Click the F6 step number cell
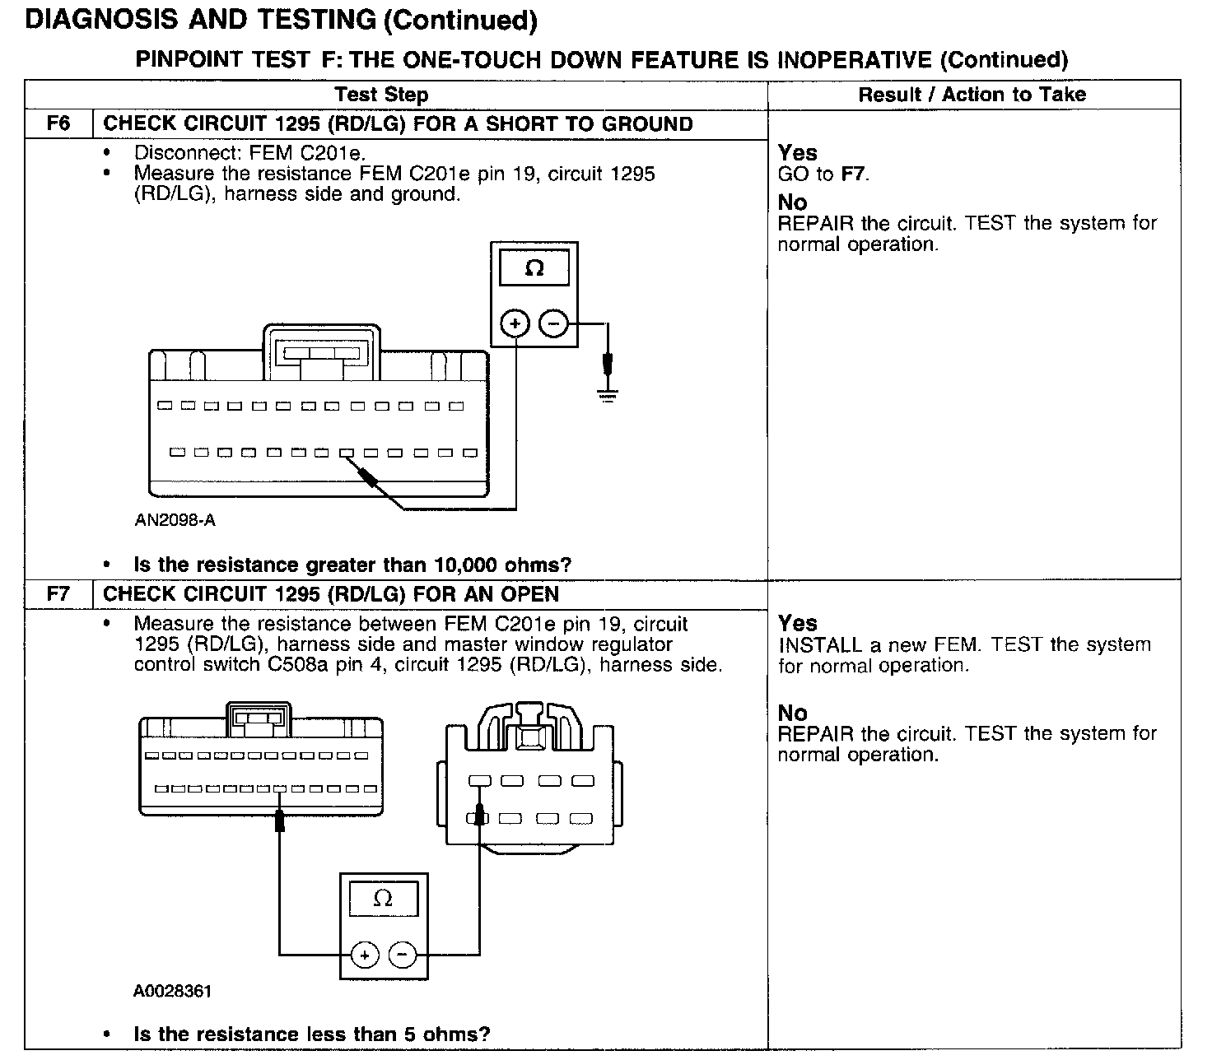click(x=58, y=124)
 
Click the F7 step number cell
click(x=58, y=594)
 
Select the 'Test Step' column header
click(x=381, y=95)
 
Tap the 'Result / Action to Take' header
click(x=972, y=95)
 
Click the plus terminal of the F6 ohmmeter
click(x=515, y=324)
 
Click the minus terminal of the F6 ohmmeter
click(x=553, y=324)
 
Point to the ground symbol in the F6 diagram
click(x=608, y=396)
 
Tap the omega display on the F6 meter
click(x=534, y=268)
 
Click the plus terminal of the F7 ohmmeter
click(x=364, y=955)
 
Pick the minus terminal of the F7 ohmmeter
click(x=403, y=955)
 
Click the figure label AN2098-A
click(x=175, y=520)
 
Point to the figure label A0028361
click(x=172, y=991)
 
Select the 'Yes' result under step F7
click(x=798, y=623)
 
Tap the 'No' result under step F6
click(x=793, y=202)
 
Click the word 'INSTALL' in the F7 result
click(x=820, y=645)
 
